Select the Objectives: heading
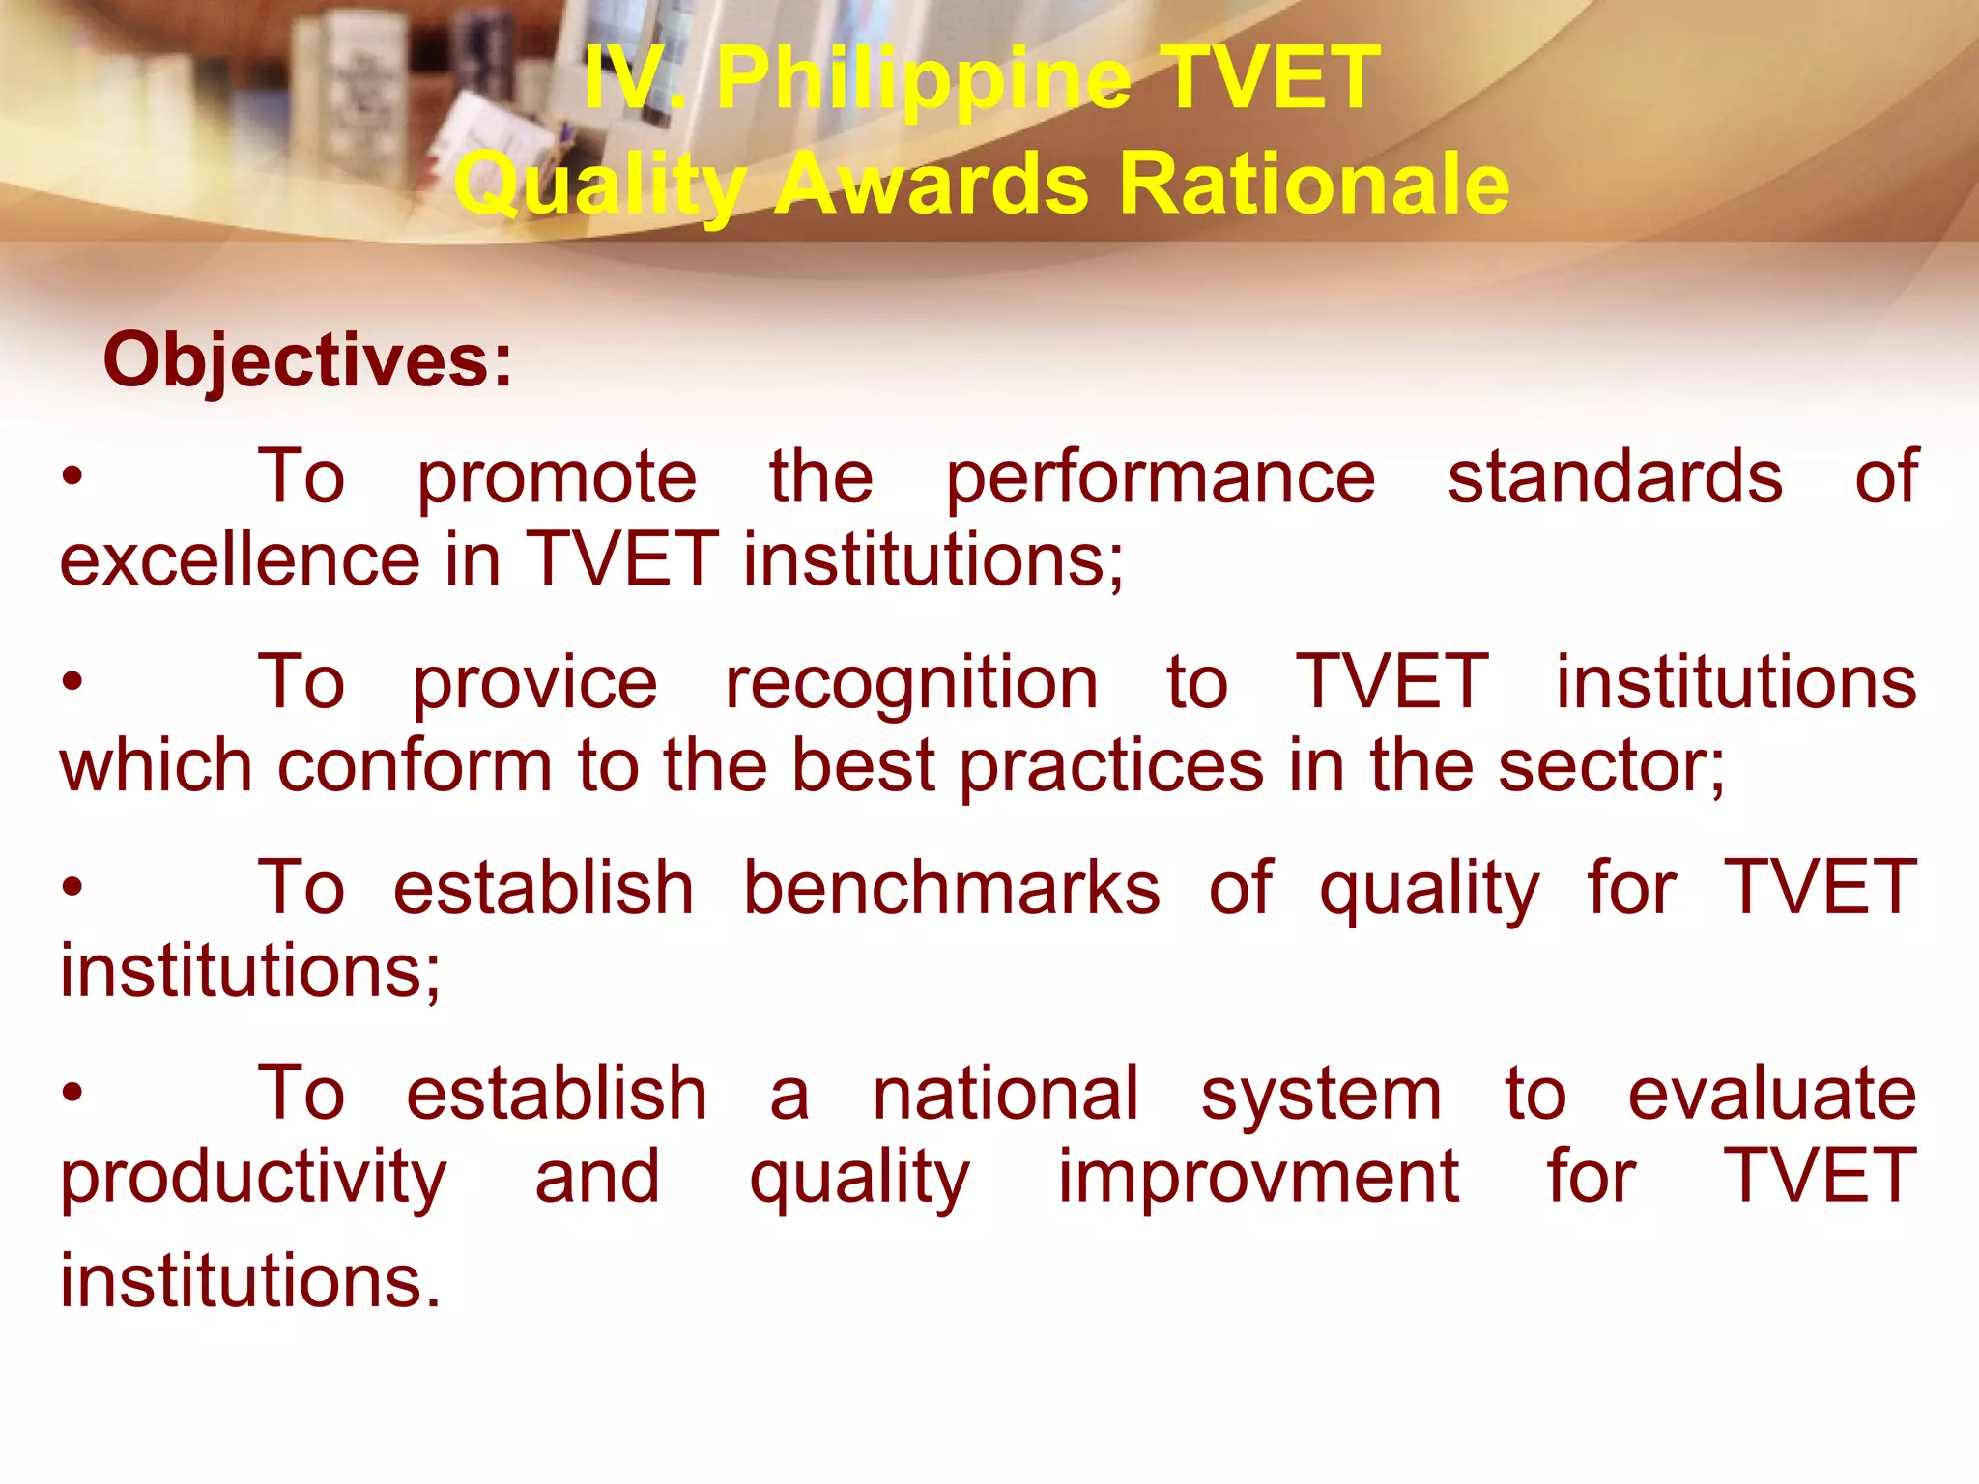307,360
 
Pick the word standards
1615,477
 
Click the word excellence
241,560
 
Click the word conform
415,766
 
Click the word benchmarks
951,889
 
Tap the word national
1005,1094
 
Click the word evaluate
1771,1094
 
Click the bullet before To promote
72,477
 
